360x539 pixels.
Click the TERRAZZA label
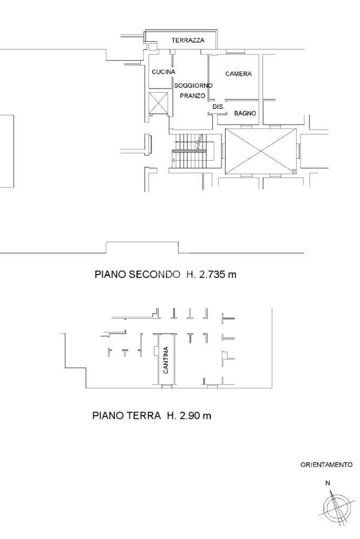(188, 40)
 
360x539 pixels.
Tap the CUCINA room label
(164, 72)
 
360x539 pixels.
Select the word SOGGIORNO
(193, 85)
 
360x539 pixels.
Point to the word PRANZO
(192, 96)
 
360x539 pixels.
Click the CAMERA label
(239, 74)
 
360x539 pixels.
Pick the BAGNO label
(245, 113)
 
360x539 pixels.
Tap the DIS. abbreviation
(218, 107)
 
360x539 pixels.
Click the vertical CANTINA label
(166, 360)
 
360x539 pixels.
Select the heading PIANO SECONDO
(138, 275)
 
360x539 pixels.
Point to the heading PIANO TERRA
(127, 416)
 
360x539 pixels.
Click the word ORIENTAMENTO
(327, 465)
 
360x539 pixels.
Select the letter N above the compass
(328, 483)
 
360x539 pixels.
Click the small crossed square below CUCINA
(158, 102)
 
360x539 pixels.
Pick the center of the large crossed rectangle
(261, 151)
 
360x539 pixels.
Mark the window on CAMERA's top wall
(236, 53)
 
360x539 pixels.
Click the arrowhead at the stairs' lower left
(173, 160)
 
